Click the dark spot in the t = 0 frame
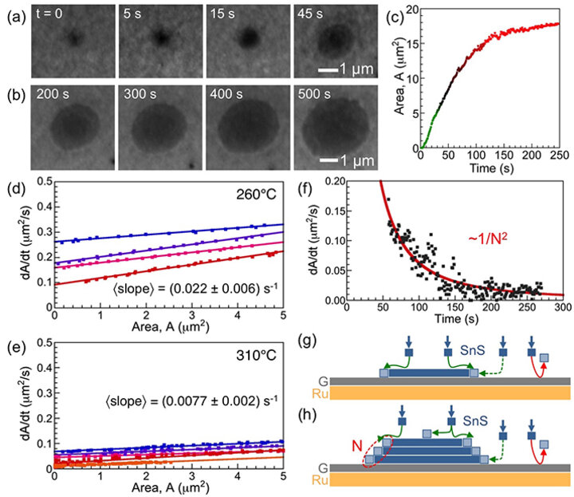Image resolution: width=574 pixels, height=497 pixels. (73, 37)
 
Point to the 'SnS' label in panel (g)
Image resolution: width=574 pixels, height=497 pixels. (482, 349)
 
